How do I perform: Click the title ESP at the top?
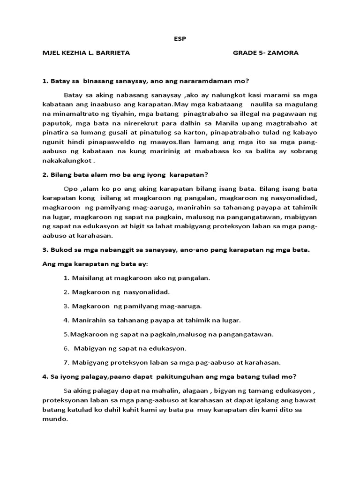pyautogui.click(x=180, y=39)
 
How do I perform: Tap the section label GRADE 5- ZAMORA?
pyautogui.click(x=265, y=53)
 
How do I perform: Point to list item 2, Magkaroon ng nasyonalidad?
pyautogui.click(x=120, y=292)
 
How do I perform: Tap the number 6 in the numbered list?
pyautogui.click(x=66, y=348)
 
